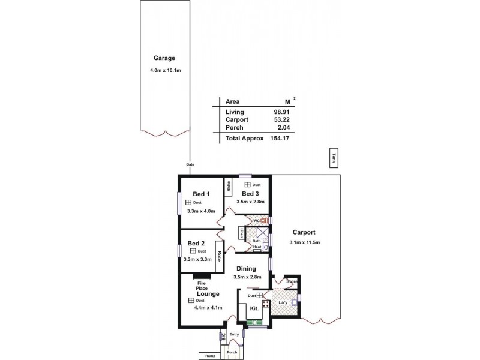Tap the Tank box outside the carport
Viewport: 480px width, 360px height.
[x=333, y=158]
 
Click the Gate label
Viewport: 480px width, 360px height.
[x=190, y=164]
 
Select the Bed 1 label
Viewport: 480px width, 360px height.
[x=201, y=194]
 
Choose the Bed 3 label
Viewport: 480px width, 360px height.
[x=250, y=193]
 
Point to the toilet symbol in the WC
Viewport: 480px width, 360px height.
[x=263, y=220]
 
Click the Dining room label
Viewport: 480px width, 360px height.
[x=246, y=269]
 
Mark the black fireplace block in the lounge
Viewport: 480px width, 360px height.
[x=199, y=277]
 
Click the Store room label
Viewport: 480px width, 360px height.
[x=292, y=281]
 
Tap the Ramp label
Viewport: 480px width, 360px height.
[x=209, y=356]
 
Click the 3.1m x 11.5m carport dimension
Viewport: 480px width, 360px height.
[x=304, y=242]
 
